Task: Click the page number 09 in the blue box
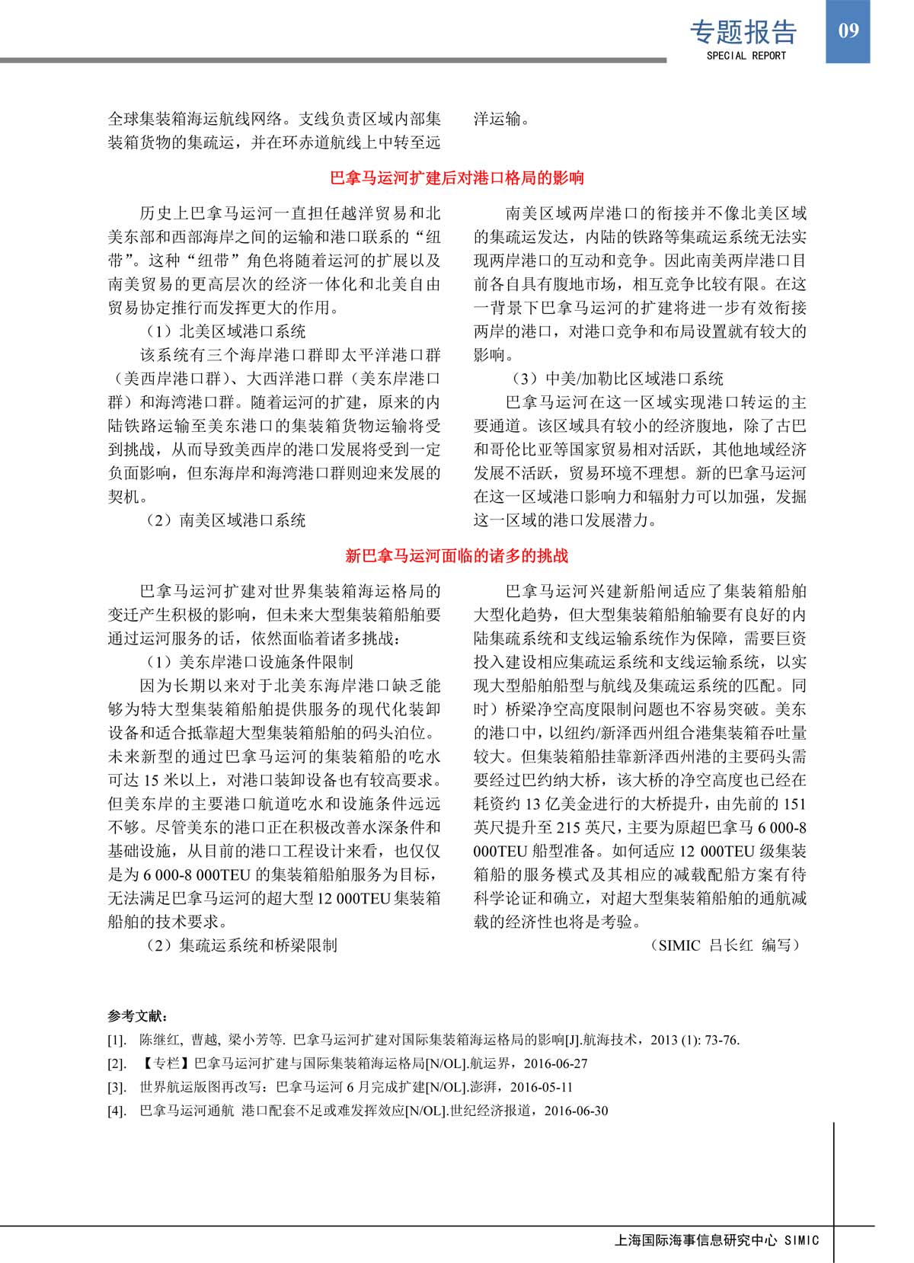coord(848,30)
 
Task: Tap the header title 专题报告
coord(743,32)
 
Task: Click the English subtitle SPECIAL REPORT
coord(746,56)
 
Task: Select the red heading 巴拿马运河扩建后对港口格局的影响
coord(457,178)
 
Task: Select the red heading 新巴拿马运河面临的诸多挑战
coord(457,556)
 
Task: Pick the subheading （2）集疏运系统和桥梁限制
coord(241,945)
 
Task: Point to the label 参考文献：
coord(138,1016)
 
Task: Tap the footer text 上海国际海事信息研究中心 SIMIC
coord(717,1240)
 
